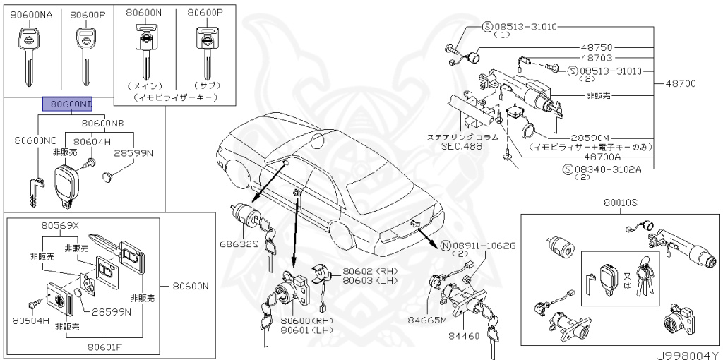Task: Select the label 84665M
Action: (x=429, y=320)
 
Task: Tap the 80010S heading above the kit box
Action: (x=621, y=202)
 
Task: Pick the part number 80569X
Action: (x=60, y=225)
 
